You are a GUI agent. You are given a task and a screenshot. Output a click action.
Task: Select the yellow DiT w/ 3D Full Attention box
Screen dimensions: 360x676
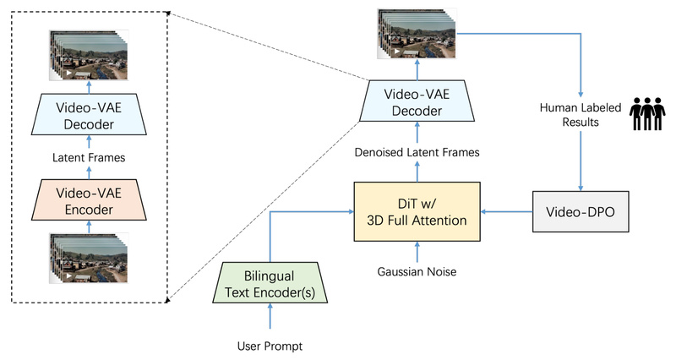pos(417,211)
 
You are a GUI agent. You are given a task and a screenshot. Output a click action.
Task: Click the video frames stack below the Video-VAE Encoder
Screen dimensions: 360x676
pos(89,257)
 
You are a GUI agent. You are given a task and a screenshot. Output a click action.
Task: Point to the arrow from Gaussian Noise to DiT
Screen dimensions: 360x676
pos(417,251)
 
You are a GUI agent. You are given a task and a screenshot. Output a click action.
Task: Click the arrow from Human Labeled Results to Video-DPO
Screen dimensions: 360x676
pos(581,161)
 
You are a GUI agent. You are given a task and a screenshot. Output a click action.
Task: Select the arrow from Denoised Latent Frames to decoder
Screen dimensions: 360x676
pos(417,132)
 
